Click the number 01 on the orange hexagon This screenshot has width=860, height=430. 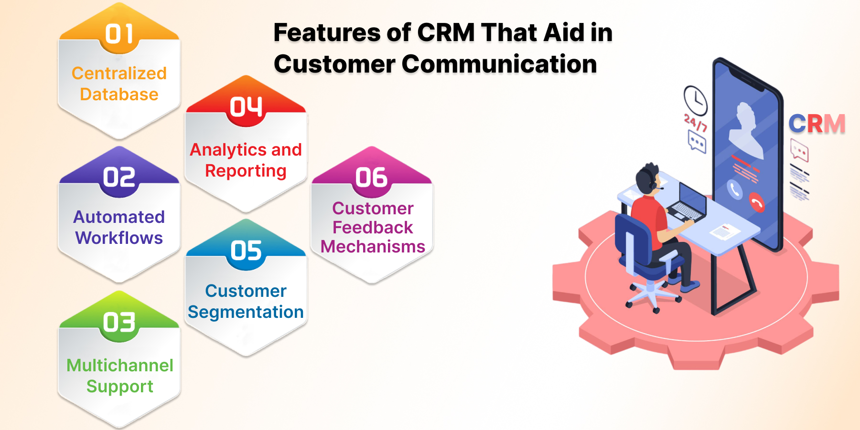pyautogui.click(x=119, y=34)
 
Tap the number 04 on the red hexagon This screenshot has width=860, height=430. pyautogui.click(x=246, y=106)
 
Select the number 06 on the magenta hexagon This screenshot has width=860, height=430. pyautogui.click(x=371, y=178)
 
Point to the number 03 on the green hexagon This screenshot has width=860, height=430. pyautogui.click(x=119, y=322)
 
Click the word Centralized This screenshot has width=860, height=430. pyautogui.click(x=119, y=73)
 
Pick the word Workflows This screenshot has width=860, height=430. pyautogui.click(x=119, y=238)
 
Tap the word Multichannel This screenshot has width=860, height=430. pyautogui.click(x=119, y=365)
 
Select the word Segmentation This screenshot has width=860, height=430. pyautogui.click(x=246, y=312)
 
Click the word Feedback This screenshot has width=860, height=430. pyautogui.click(x=372, y=228)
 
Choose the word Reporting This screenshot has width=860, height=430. pyautogui.click(x=246, y=171)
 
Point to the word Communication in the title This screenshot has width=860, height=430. pyautogui.click(x=499, y=64)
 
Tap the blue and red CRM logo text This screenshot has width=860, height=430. pyautogui.click(x=817, y=124)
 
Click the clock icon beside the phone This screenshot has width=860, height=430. pyautogui.click(x=695, y=101)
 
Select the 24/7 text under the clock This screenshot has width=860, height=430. pyautogui.click(x=695, y=123)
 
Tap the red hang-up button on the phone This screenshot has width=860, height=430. pyautogui.click(x=756, y=202)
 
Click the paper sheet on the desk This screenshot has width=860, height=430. pyautogui.click(x=724, y=232)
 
